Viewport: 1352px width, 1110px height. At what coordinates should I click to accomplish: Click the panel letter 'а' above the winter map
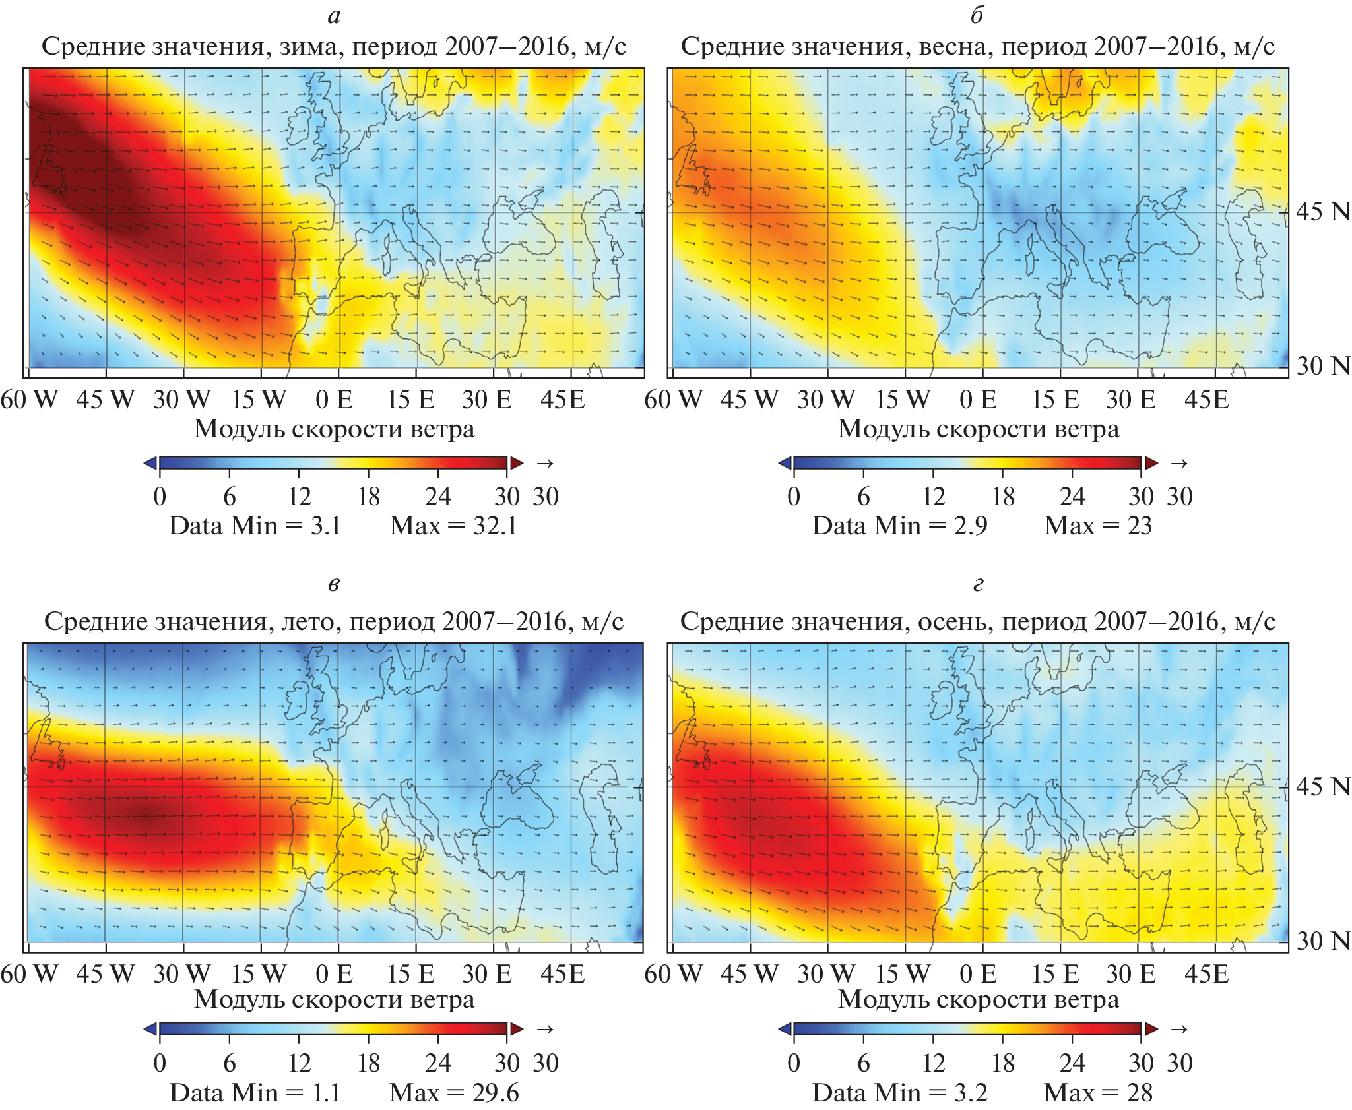point(334,16)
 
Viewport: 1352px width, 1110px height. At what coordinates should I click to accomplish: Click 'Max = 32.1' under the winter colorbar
point(454,526)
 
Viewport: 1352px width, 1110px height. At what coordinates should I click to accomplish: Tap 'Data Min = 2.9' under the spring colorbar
point(899,526)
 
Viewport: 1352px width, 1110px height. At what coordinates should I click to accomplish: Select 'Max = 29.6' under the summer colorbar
point(454,1093)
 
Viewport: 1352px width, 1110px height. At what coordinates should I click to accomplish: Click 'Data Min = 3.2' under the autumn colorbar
point(899,1093)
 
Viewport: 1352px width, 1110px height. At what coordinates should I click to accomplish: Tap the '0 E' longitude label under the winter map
point(334,400)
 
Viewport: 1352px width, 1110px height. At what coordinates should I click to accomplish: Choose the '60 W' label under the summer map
point(29,974)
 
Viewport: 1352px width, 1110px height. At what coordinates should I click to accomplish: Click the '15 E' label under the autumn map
point(1055,974)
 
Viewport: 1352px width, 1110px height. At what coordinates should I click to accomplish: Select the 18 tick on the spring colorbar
point(1003,497)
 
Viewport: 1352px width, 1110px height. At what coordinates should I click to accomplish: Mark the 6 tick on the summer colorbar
point(229,1063)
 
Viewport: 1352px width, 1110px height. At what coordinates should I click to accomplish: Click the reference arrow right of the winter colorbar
point(545,463)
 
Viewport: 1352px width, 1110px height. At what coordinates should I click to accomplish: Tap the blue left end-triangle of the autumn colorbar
point(785,1029)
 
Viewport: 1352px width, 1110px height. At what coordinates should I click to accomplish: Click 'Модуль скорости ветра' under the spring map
point(979,429)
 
